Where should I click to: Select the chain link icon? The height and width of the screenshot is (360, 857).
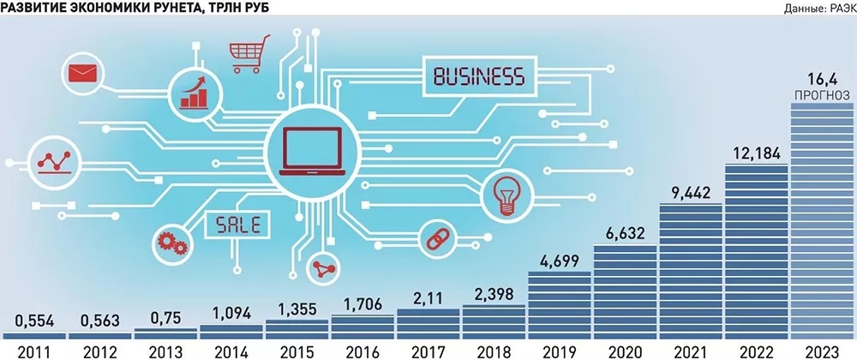click(434, 236)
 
